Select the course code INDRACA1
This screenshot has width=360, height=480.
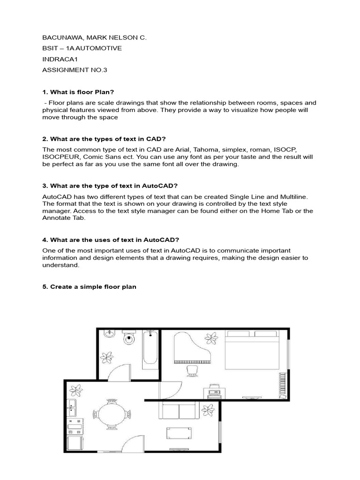[x=59, y=60]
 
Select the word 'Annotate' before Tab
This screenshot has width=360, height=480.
[x=56, y=218]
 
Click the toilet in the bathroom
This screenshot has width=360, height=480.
[x=129, y=338]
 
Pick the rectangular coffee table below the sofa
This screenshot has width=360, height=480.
[x=180, y=434]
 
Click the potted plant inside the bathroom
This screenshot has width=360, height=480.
[x=109, y=357]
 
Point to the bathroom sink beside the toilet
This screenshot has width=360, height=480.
[x=108, y=334]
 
